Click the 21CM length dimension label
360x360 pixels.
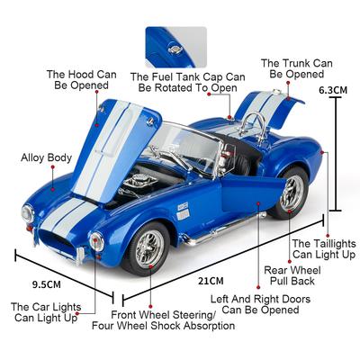click(x=211, y=281)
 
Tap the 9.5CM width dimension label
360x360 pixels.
click(x=47, y=284)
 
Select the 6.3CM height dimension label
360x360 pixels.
click(x=333, y=90)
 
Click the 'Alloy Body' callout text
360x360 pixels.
click(x=47, y=157)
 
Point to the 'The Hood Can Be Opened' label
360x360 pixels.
click(x=82, y=80)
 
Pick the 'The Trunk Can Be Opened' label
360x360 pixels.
click(x=297, y=68)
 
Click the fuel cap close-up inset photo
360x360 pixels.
click(x=176, y=47)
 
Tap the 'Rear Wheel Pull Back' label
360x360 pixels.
click(x=292, y=275)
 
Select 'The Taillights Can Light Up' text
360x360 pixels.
click(x=324, y=249)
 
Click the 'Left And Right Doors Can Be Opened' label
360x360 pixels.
click(x=260, y=304)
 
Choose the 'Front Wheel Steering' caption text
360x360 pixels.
click(x=164, y=315)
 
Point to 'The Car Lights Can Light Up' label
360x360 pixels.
click(x=46, y=312)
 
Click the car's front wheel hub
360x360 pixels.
click(x=149, y=248)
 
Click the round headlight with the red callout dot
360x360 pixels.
click(x=96, y=241)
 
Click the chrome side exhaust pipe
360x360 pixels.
click(x=224, y=229)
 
